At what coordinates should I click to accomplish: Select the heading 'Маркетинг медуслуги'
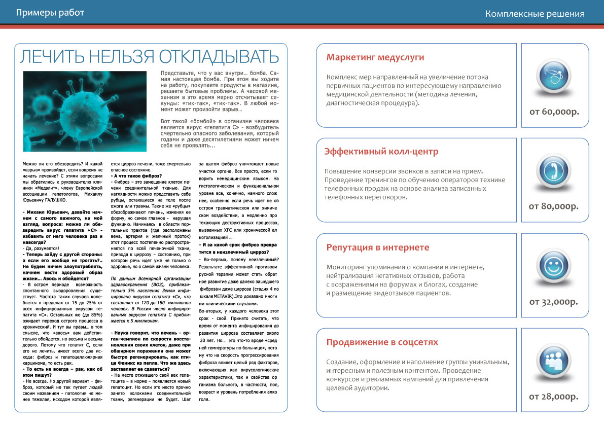(375, 57)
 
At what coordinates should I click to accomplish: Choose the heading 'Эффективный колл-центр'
(381, 152)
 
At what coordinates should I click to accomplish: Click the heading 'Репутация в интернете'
(378, 247)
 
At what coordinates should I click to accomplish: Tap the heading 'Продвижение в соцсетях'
(382, 342)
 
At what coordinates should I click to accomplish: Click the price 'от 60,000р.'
(554, 111)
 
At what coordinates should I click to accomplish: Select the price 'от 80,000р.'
(554, 206)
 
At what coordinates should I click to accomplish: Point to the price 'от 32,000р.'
(554, 301)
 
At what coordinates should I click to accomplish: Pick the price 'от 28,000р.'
(554, 396)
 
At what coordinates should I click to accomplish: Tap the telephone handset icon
(554, 171)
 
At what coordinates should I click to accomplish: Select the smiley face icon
(554, 265)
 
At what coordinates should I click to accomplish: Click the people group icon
(554, 360)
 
